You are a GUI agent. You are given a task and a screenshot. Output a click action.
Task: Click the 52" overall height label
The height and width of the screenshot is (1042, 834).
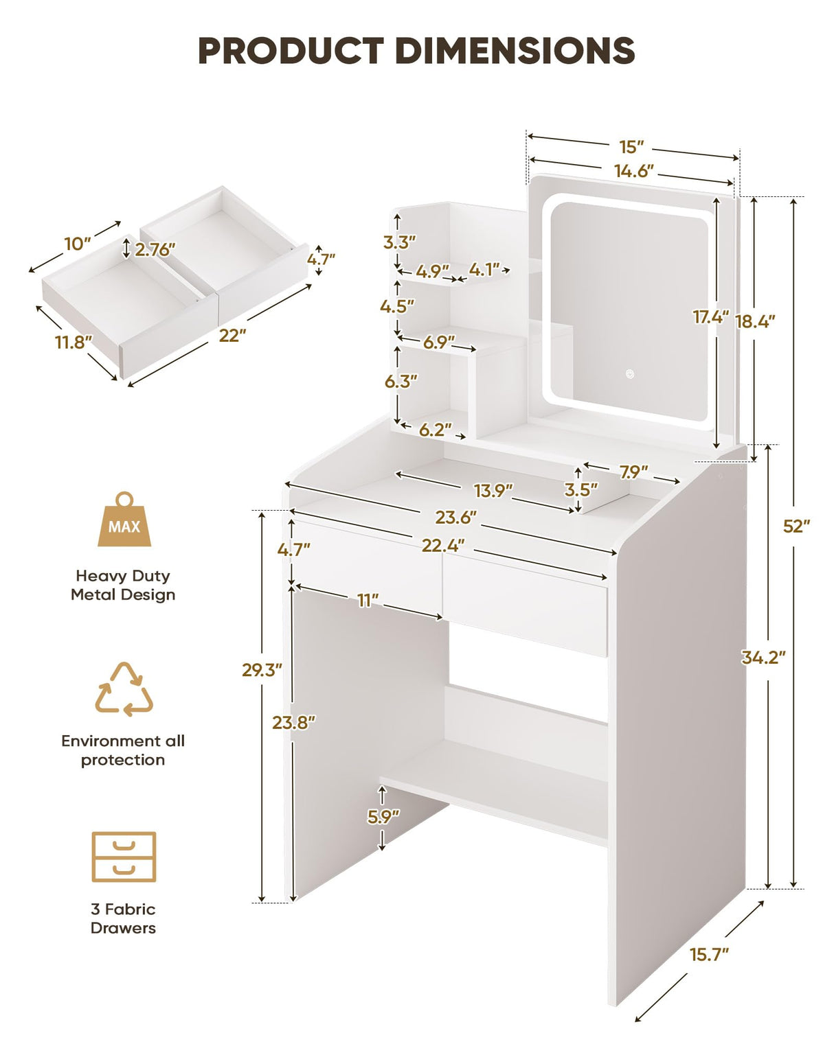796,526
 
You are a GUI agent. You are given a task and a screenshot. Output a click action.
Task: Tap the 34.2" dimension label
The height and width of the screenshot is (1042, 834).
763,657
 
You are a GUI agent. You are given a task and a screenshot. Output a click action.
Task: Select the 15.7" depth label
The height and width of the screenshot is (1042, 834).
709,954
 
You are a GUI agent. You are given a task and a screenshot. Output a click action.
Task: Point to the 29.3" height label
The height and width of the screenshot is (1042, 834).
262,669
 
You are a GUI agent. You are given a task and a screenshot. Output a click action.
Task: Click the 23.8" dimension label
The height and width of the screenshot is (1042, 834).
293,722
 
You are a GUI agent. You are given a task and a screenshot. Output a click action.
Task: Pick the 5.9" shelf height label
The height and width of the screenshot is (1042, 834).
383,816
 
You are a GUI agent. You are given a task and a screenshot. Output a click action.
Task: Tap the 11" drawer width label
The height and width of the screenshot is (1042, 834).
368,601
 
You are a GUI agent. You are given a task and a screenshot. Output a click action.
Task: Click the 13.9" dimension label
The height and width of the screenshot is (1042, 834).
494,490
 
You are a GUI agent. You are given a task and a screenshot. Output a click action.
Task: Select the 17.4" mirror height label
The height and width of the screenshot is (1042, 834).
710,316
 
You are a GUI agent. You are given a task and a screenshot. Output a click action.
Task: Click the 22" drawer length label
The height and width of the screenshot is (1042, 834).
232,335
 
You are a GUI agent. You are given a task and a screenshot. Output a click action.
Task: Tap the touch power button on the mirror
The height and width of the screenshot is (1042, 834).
629,374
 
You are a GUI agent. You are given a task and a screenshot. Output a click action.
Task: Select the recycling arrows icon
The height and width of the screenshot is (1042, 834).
124,690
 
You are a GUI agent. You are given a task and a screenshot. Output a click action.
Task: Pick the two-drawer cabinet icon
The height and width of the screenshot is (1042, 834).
124,857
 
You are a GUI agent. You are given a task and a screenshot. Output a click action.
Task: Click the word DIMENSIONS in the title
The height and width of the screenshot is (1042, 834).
515,51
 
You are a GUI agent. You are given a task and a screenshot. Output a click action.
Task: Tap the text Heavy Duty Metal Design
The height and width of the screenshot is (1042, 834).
123,585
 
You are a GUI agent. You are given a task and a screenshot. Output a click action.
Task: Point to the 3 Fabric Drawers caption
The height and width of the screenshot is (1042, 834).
123,918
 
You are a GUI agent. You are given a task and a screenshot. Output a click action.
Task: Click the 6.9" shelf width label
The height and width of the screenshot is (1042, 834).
438,342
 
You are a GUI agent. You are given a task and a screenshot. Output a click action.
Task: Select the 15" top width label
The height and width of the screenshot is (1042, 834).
631,147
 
